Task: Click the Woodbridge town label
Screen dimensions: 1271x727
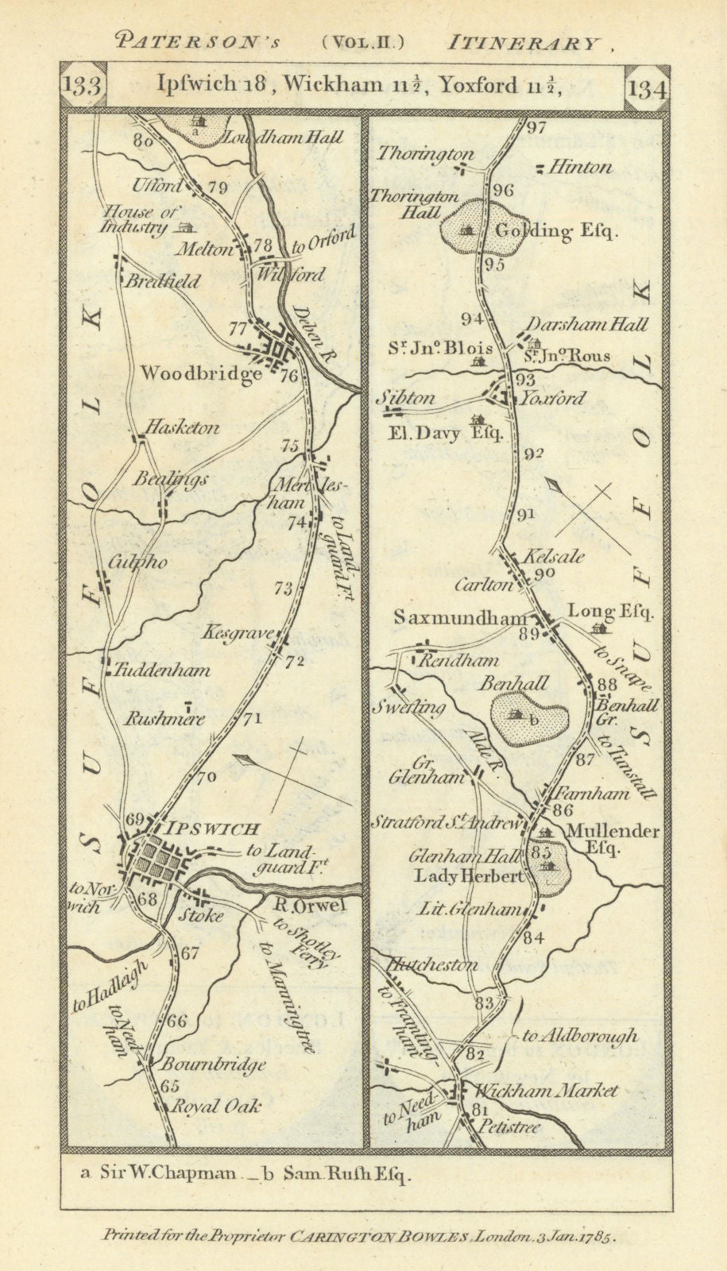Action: click(201, 373)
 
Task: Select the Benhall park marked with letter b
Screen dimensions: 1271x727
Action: click(528, 717)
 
